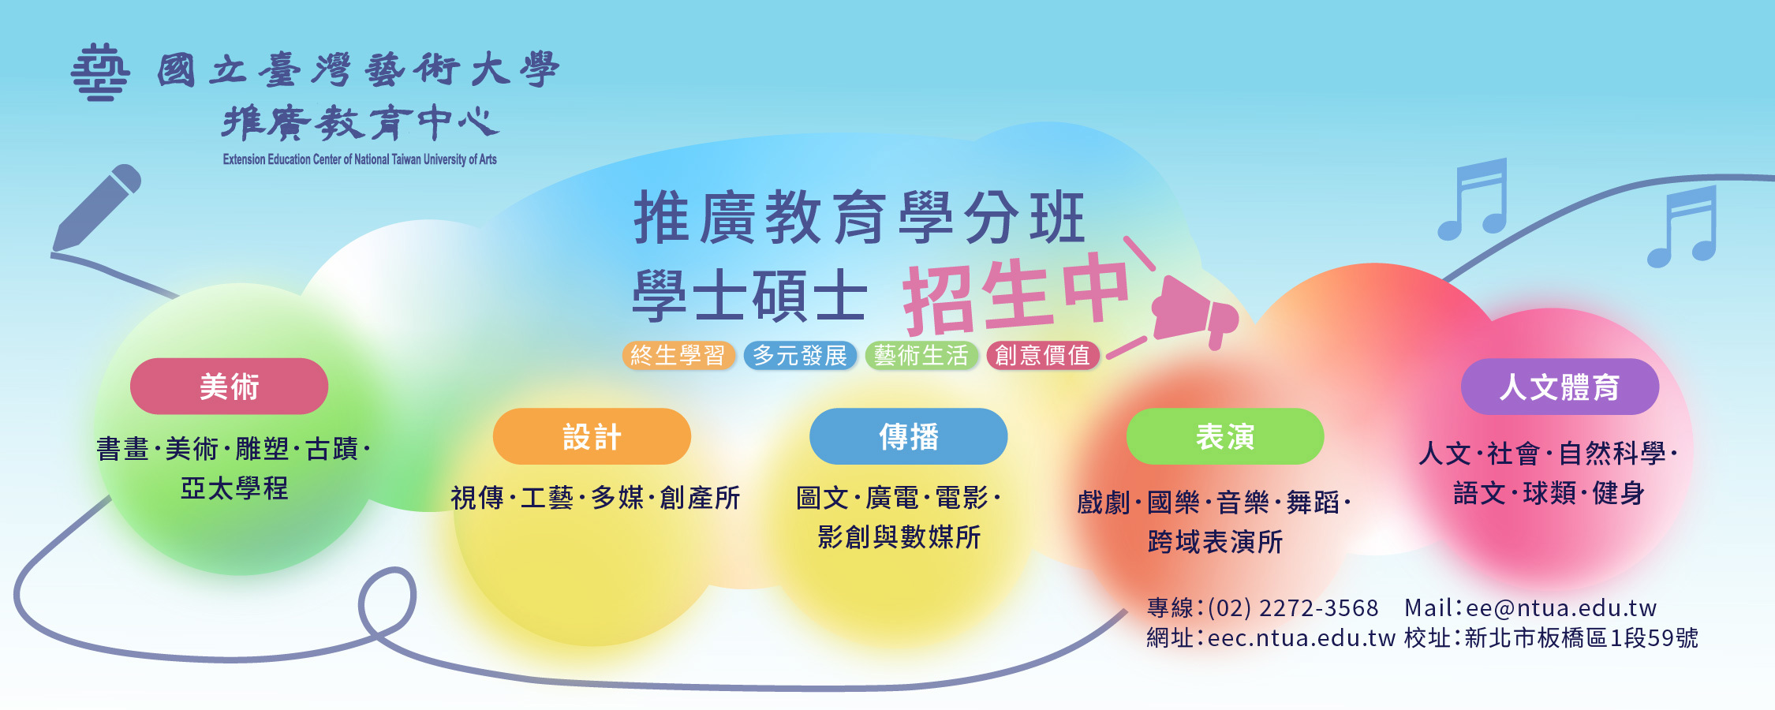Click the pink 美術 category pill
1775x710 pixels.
coord(229,387)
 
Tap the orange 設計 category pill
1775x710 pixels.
coord(592,436)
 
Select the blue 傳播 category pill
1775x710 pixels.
coord(908,436)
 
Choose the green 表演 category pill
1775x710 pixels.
coord(1224,436)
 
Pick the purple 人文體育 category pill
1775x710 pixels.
coord(1560,387)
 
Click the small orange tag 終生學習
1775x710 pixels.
coord(678,356)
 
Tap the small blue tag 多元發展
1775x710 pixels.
coord(799,356)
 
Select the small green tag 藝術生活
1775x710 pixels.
coord(921,356)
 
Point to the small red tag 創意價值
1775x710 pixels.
coord(1042,356)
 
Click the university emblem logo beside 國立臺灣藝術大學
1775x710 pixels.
coord(100,73)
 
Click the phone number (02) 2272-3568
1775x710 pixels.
coord(1293,608)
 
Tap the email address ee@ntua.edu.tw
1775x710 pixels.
coord(1561,608)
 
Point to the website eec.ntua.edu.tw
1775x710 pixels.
coord(1302,637)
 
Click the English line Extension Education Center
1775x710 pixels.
coord(360,159)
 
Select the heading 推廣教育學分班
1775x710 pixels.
coord(860,218)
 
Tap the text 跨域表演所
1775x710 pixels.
coord(1215,542)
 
